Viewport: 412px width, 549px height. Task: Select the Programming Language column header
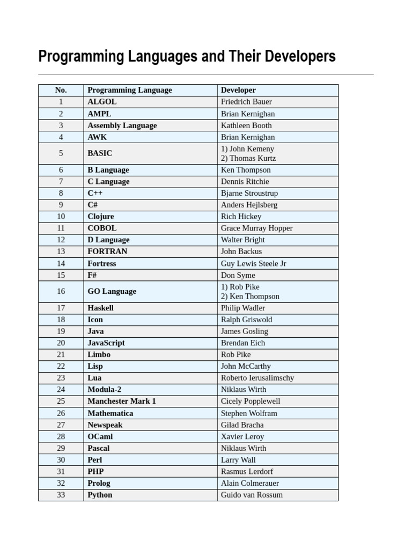130,90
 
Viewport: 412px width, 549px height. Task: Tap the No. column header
61,90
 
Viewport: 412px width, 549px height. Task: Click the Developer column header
238,90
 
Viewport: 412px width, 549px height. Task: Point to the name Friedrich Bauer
246,102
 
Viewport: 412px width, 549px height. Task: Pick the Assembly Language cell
122,125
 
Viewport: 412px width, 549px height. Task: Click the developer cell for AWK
248,137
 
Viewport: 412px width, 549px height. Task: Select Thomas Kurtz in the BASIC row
248,159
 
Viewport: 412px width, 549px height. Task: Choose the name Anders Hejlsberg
249,205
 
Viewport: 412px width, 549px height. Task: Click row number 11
61,228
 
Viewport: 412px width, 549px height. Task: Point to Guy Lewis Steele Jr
254,264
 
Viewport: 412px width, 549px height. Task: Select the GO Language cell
112,292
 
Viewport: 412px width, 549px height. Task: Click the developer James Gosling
245,331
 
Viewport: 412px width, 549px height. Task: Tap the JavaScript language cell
106,343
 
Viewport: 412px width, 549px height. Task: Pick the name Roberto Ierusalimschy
257,378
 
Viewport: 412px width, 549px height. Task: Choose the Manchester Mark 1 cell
122,402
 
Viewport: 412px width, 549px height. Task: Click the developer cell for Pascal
244,448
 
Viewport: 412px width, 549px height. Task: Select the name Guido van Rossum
252,495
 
